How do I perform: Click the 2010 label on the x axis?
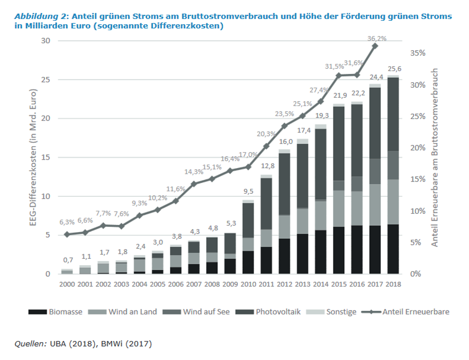click(x=248, y=284)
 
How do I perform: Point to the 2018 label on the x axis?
click(x=394, y=284)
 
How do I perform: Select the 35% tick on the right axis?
click(x=418, y=53)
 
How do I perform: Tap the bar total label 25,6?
click(x=395, y=68)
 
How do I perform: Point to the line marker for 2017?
click(x=375, y=46)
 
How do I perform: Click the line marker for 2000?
click(x=67, y=234)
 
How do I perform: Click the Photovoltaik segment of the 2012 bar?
click(x=284, y=184)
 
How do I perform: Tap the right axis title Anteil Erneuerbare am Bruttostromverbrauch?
click(x=434, y=157)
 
